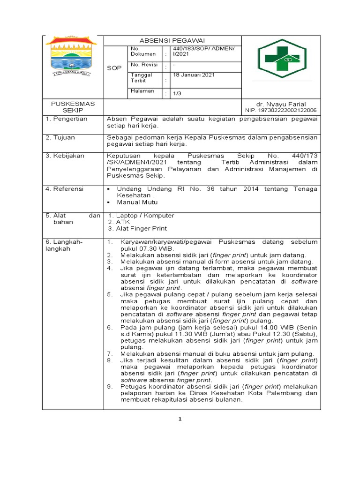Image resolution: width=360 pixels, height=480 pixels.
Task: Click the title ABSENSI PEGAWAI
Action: tap(172, 40)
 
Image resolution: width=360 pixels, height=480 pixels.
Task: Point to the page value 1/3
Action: tap(178, 94)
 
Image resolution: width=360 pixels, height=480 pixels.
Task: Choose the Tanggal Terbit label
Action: tap(142, 78)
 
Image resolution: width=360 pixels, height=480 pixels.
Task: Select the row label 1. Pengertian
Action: tap(67, 119)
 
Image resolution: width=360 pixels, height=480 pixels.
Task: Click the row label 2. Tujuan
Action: tap(60, 137)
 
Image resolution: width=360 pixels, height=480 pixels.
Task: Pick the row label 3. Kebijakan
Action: tap(65, 155)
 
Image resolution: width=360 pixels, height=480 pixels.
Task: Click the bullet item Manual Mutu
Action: tap(137, 202)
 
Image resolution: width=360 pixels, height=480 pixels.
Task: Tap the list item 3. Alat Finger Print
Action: tap(137, 229)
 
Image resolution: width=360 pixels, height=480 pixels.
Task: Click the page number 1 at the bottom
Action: tap(180, 419)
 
